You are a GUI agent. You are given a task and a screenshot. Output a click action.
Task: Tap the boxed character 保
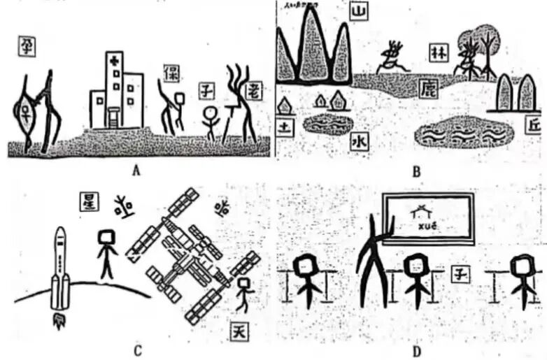click(x=170, y=73)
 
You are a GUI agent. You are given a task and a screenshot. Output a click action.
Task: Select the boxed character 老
click(x=255, y=89)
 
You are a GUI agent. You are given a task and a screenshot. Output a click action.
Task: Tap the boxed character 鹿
click(x=428, y=87)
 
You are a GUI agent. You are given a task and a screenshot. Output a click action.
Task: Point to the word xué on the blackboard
click(x=426, y=226)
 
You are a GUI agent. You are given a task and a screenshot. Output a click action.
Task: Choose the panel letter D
click(x=413, y=350)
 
